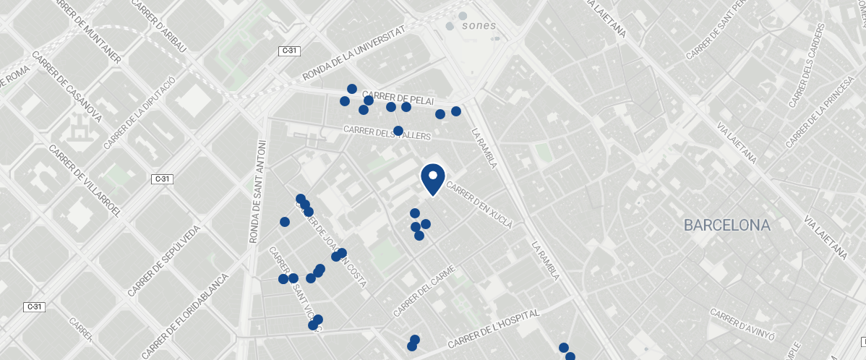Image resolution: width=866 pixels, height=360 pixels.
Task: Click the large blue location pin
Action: click(x=432, y=179)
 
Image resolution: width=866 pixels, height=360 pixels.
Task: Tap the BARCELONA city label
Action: click(x=727, y=226)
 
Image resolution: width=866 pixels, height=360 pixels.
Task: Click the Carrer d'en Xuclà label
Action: click(x=479, y=205)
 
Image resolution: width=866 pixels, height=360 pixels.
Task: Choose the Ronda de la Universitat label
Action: click(x=353, y=55)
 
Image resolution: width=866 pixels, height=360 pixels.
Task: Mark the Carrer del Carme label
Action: click(x=424, y=291)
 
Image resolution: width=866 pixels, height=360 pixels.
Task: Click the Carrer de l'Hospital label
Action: click(x=494, y=330)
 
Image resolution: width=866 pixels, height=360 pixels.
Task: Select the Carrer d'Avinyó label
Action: click(x=742, y=325)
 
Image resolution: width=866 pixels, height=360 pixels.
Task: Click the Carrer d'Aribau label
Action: click(x=159, y=25)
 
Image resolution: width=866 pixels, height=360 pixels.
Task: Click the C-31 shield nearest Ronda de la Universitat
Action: click(x=290, y=51)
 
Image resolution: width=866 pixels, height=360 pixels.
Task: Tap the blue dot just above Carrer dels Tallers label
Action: click(x=398, y=130)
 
